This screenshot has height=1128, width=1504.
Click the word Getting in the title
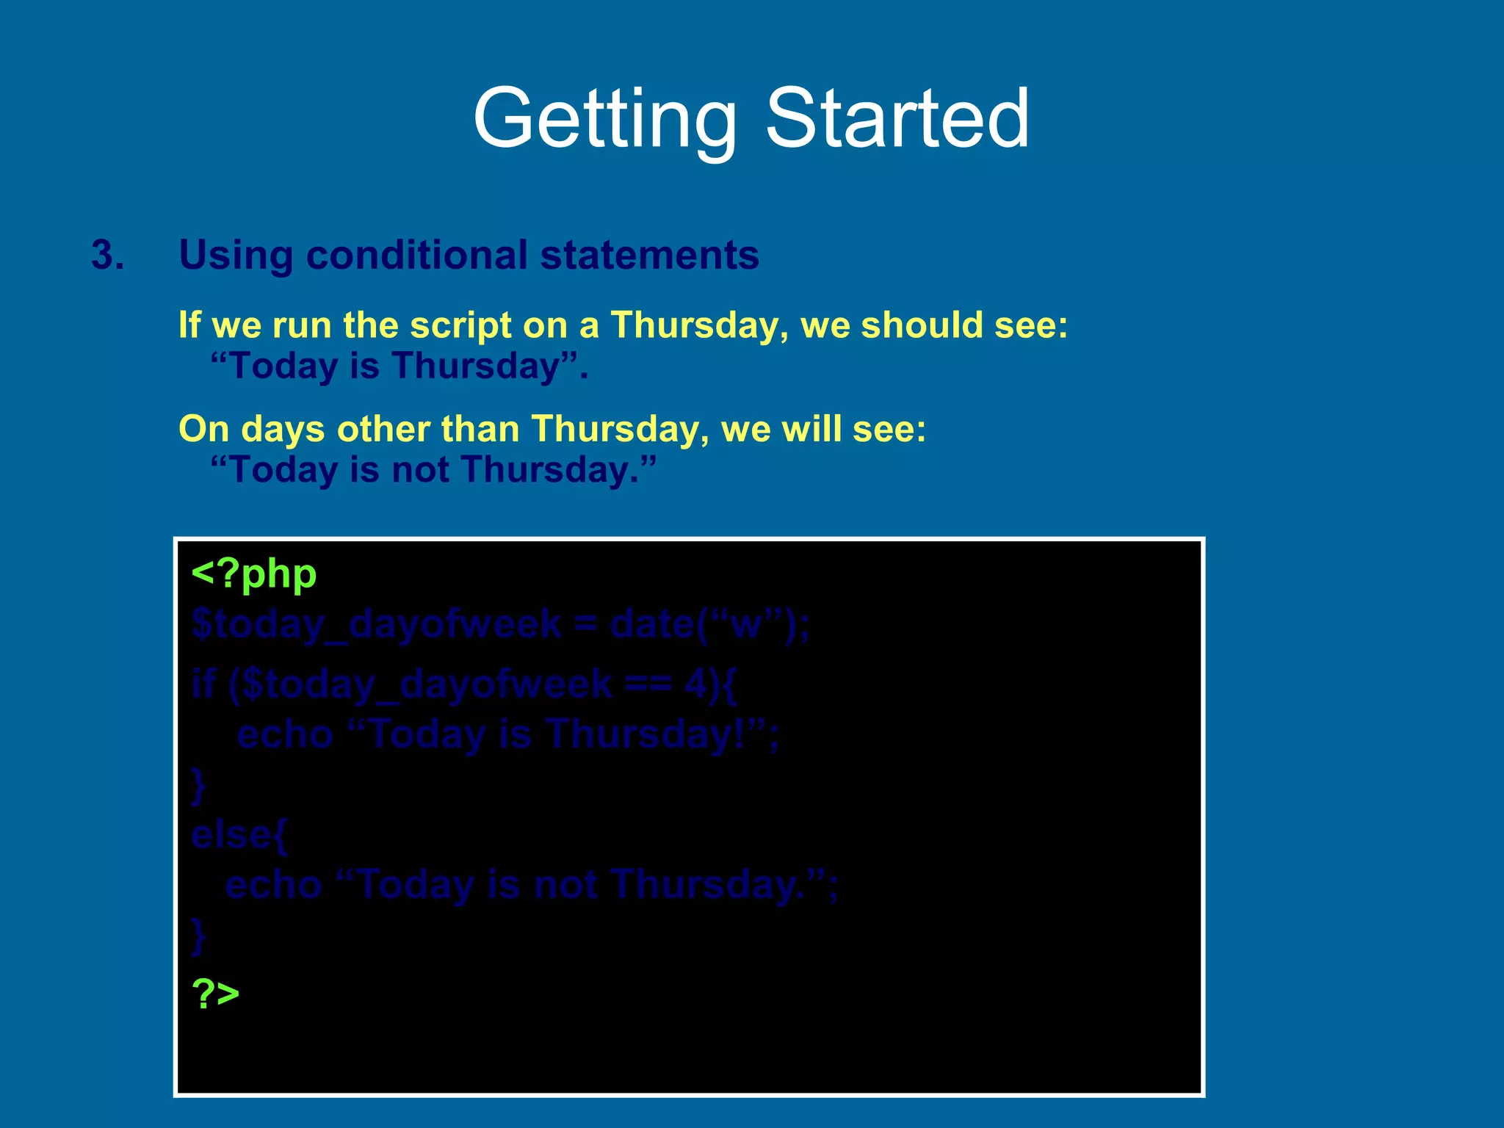click(x=604, y=119)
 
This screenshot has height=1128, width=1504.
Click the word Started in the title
click(x=897, y=119)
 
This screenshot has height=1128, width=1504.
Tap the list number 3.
click(x=107, y=256)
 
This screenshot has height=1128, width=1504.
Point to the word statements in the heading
click(x=649, y=256)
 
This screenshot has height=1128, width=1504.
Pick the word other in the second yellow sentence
click(x=383, y=429)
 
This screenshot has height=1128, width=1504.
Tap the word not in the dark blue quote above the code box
click(x=419, y=470)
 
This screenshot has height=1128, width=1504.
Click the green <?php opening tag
click(x=253, y=574)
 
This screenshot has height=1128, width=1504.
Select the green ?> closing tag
click(x=215, y=994)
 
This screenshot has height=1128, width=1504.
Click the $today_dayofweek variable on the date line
click(x=375, y=625)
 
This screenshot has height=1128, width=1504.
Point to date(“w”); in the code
click(x=709, y=625)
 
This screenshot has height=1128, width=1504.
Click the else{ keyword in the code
click(x=239, y=835)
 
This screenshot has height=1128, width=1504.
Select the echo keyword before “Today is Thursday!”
click(x=285, y=734)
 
